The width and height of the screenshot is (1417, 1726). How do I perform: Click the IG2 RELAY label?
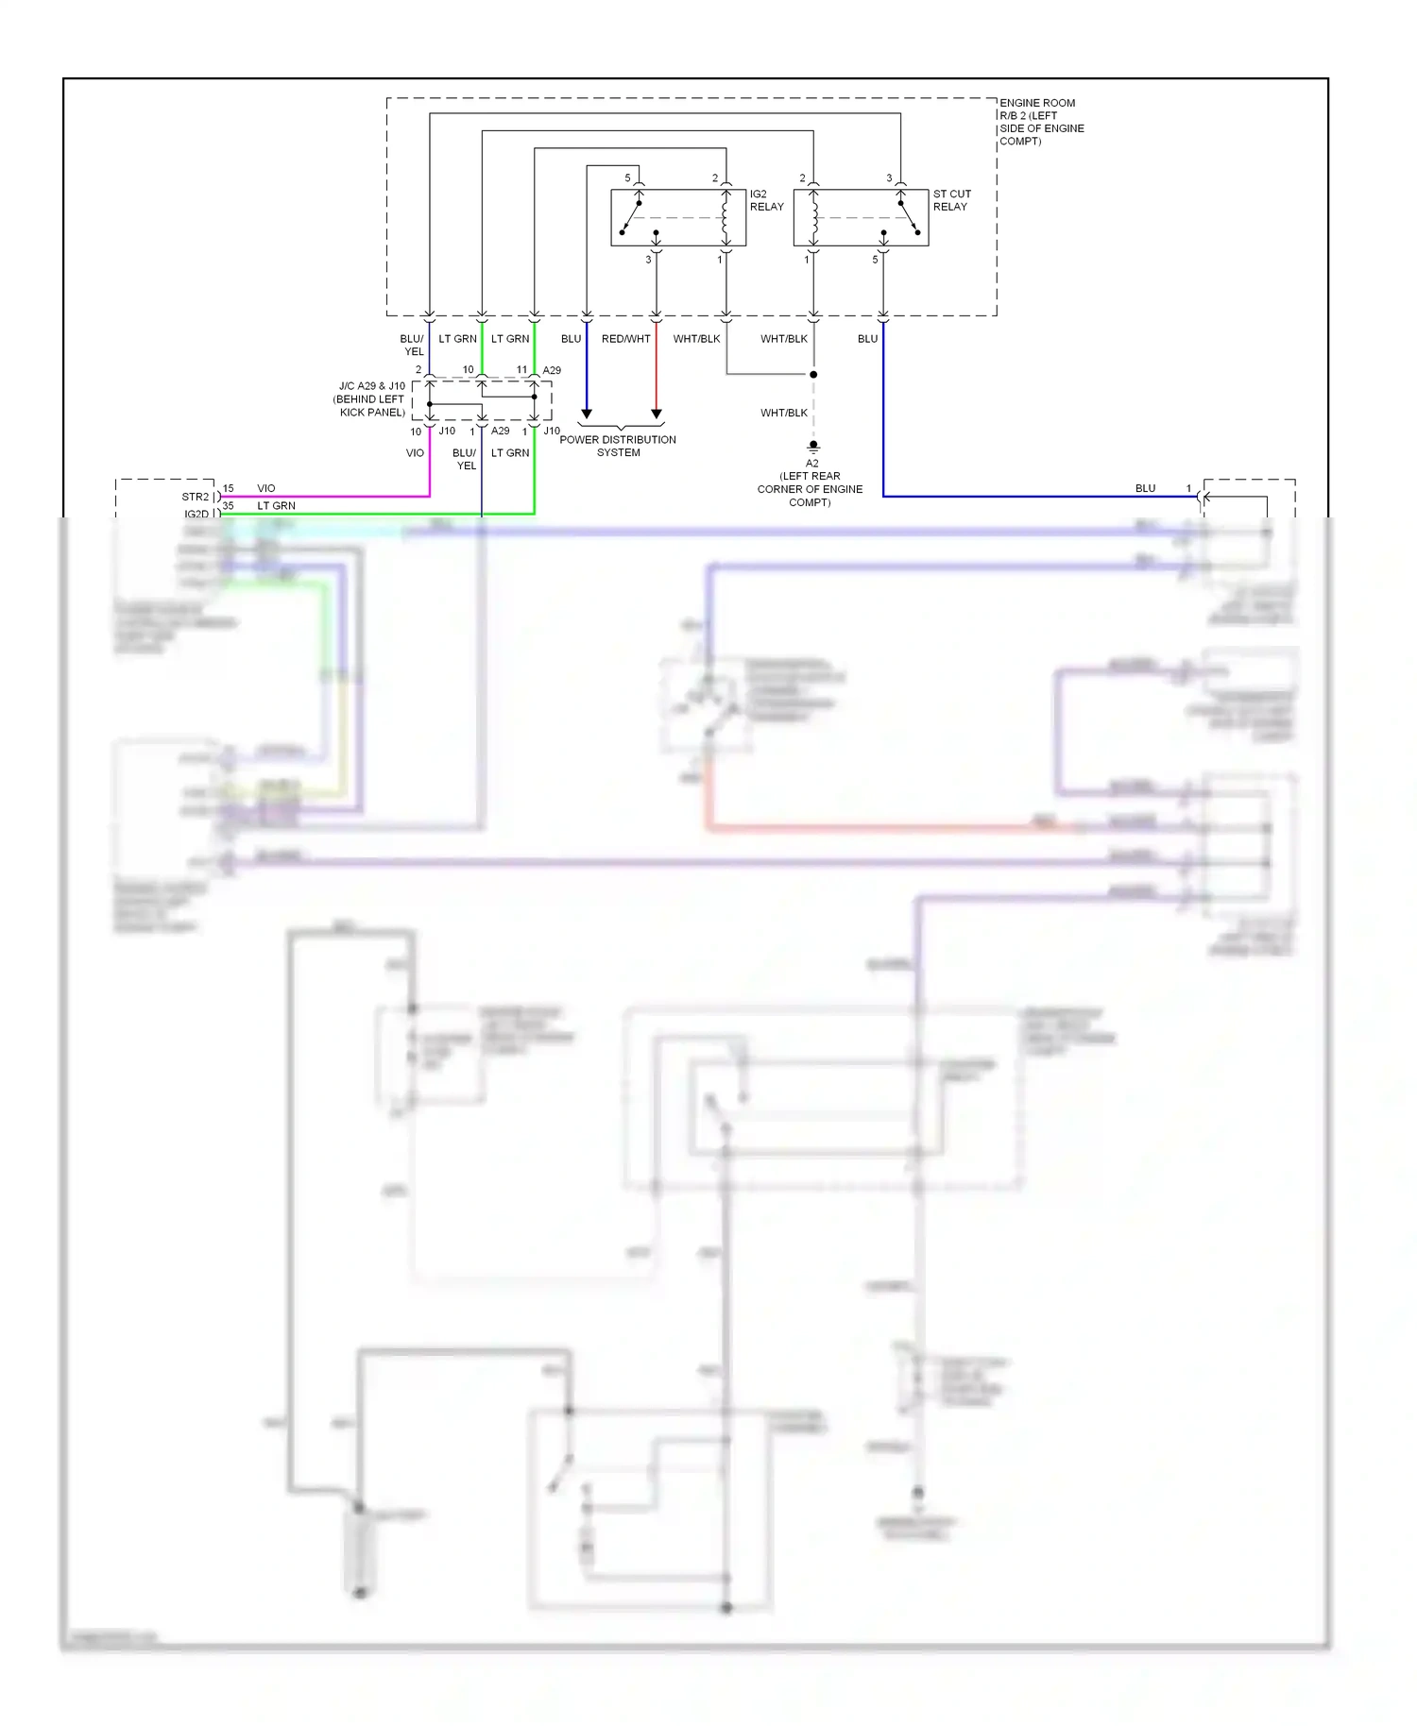766,200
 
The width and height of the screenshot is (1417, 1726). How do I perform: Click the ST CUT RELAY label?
951,200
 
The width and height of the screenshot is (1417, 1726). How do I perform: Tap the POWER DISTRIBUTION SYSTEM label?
618,446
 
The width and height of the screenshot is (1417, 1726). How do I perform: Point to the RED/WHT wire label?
625,339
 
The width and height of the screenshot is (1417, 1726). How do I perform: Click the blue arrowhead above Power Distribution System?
587,414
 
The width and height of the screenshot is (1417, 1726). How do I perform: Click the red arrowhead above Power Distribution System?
657,414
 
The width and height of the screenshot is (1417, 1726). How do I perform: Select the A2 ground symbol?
813,447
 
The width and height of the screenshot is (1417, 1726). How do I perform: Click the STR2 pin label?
195,497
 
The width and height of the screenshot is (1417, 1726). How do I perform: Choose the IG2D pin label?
196,514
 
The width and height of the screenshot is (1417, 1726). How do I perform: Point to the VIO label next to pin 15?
266,488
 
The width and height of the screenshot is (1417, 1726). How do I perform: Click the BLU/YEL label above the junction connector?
412,345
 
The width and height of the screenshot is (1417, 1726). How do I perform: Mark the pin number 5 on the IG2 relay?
627,178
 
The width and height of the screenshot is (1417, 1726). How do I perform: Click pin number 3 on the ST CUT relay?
889,178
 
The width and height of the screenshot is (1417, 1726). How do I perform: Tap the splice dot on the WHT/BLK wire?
813,375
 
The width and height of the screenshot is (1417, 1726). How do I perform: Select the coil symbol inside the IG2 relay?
725,218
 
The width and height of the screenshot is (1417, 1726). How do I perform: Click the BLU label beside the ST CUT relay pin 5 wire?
867,339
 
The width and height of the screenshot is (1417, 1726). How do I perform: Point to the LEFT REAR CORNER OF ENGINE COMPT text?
810,489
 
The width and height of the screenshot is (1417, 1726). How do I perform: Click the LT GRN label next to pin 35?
276,506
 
